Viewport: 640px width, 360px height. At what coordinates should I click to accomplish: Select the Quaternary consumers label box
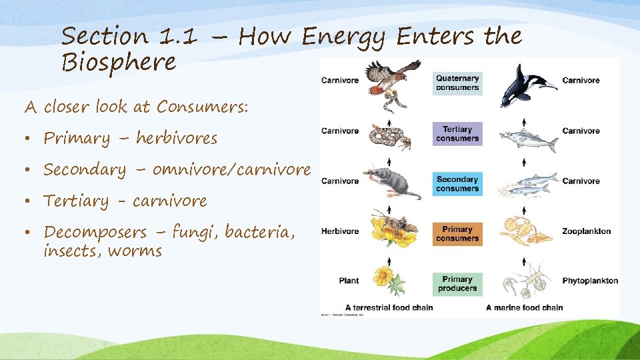click(457, 83)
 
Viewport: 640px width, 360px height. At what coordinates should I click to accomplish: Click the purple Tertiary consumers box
click(457, 133)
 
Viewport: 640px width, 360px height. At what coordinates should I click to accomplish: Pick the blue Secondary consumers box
click(457, 183)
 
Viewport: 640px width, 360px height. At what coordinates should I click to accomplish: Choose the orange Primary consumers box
click(457, 233)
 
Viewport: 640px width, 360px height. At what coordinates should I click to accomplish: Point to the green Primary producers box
click(457, 284)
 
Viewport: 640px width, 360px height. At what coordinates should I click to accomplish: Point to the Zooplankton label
click(586, 231)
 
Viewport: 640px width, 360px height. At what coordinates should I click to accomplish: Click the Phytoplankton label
click(590, 281)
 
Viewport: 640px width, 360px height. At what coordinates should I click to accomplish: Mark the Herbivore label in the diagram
click(340, 231)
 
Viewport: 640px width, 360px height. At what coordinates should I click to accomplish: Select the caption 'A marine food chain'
click(524, 307)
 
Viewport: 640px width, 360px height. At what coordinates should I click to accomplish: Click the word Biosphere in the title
click(119, 62)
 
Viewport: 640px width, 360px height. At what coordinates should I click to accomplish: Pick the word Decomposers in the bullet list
click(95, 233)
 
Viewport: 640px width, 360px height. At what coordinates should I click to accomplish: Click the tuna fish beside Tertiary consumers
click(531, 141)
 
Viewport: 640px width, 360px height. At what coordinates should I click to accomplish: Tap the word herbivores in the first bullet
click(177, 139)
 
